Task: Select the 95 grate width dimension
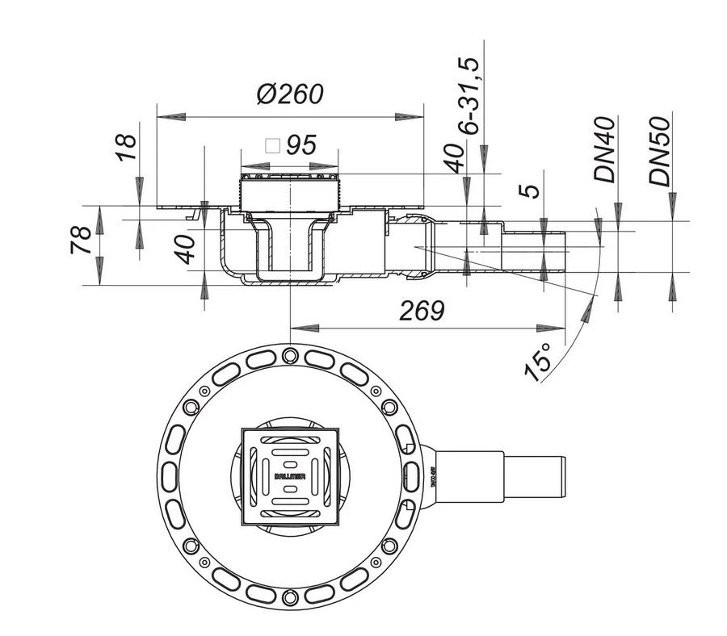click(300, 146)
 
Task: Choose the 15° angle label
click(539, 360)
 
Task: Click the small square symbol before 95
click(272, 146)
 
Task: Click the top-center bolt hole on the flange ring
click(289, 353)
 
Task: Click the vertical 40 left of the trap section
click(187, 249)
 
